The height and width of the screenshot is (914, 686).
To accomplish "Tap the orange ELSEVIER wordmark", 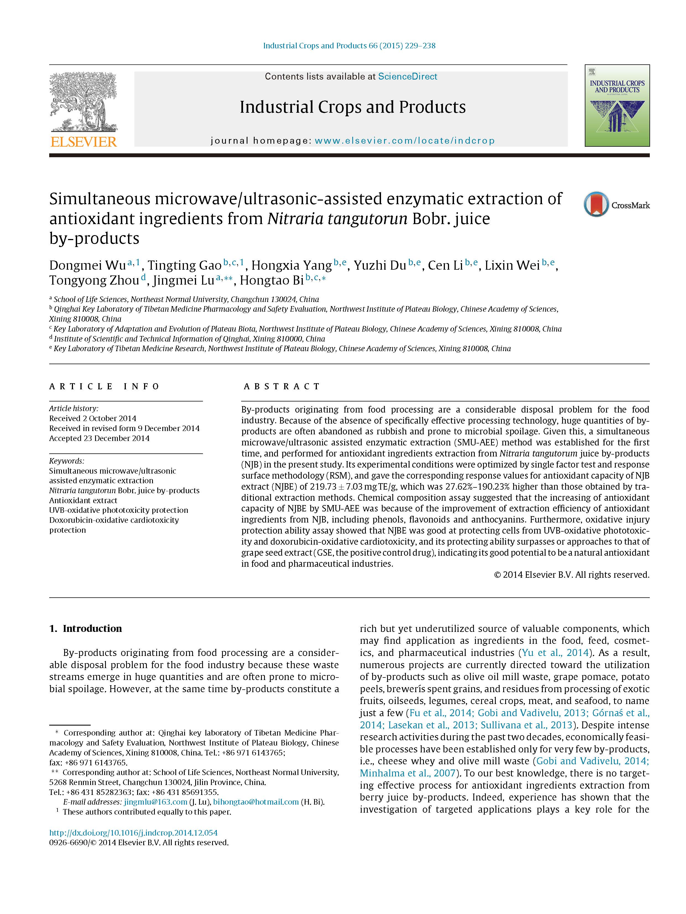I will (84, 142).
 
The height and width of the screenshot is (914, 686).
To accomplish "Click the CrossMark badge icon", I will (596, 204).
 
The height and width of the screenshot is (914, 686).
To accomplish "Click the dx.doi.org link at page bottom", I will (133, 832).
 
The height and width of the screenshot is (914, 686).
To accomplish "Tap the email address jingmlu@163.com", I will (155, 802).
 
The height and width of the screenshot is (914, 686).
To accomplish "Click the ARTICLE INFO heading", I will (104, 386).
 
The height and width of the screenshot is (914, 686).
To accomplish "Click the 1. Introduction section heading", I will (86, 629).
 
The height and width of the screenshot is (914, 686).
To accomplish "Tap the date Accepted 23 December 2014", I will (99, 438).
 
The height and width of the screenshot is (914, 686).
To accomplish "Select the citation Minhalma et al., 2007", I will (407, 773).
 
